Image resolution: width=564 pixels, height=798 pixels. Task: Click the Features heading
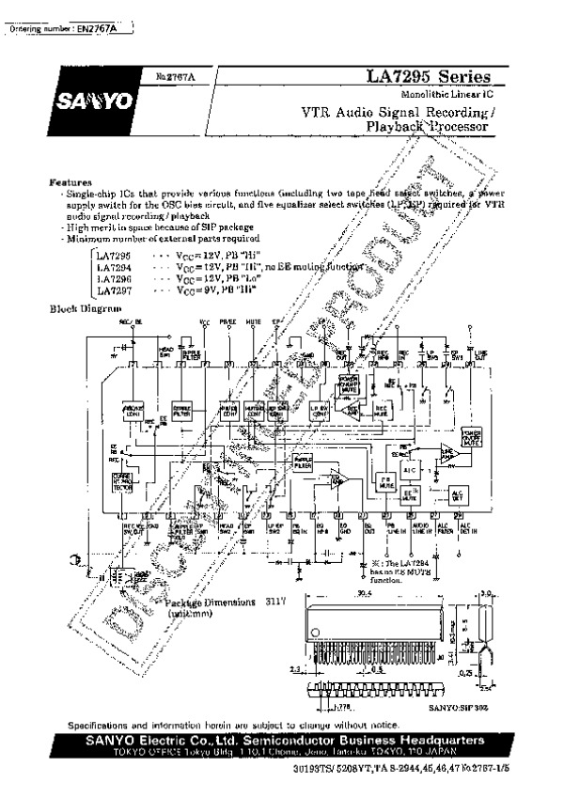[70, 181]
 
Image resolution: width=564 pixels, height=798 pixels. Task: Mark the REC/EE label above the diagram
[130, 321]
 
